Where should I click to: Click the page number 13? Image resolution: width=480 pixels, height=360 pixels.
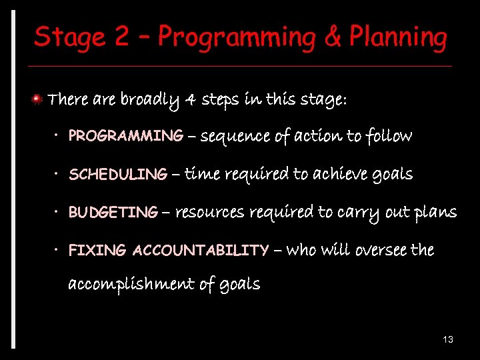tap(447, 340)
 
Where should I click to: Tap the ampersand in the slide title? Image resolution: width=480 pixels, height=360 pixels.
tap(333, 37)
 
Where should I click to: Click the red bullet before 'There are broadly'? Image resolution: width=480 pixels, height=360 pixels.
tap(39, 100)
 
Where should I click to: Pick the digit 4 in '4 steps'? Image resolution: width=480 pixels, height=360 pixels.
tap(191, 100)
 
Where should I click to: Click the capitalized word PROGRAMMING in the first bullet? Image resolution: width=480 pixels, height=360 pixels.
tap(126, 136)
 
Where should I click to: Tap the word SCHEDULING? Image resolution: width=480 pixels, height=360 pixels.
tap(118, 175)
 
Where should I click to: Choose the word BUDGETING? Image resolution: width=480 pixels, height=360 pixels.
tap(113, 213)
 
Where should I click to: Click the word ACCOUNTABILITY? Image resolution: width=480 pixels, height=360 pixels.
tap(201, 251)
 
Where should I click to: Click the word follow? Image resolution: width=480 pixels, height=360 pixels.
tap(389, 136)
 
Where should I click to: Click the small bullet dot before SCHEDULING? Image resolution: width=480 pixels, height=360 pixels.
tap(58, 175)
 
